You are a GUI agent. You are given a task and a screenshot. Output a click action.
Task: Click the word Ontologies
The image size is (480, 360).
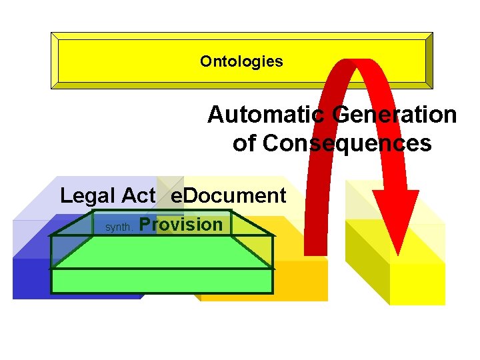[x=241, y=62]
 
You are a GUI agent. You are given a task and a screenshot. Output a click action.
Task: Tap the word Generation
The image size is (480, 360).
[x=396, y=115]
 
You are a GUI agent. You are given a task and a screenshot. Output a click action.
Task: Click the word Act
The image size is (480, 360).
[x=138, y=196]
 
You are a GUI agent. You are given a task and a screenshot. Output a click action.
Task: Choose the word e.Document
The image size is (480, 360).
[x=229, y=196]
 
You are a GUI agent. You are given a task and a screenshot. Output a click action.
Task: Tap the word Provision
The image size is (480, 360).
[x=181, y=225]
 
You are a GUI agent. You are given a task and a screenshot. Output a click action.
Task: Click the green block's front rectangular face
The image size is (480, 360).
[x=162, y=281]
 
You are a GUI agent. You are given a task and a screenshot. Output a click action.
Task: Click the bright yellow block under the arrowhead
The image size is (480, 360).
[x=417, y=283]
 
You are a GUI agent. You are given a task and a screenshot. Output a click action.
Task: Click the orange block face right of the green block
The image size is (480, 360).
[x=300, y=280]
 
